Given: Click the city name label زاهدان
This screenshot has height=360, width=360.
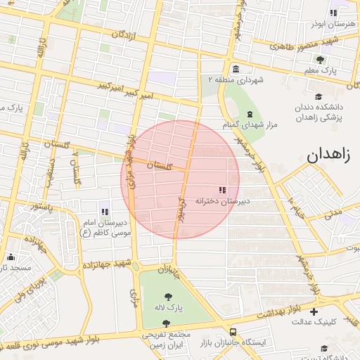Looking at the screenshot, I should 328,156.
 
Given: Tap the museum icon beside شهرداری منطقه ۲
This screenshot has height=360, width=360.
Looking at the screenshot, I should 235,70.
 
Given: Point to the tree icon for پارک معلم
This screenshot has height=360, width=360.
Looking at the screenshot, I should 320,60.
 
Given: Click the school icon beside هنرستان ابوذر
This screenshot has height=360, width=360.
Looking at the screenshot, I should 333,13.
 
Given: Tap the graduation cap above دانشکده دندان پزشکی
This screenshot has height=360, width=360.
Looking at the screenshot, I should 319,97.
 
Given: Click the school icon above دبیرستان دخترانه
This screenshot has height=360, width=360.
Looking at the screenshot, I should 223,190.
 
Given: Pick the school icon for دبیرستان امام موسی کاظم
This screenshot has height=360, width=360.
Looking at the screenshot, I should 105,212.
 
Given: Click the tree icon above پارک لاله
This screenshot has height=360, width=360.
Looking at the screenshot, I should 169,297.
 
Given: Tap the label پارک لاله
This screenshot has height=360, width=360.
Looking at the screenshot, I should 169,308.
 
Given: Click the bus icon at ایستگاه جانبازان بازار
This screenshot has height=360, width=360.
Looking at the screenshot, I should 233,332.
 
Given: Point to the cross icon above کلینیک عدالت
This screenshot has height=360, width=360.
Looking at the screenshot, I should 314,311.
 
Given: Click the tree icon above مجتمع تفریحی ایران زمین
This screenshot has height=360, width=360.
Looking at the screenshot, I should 166,324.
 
